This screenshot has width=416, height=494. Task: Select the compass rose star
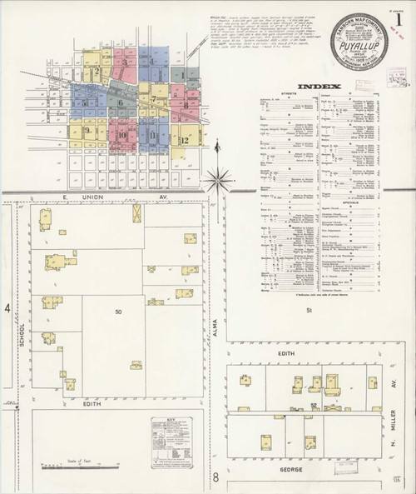click(x=219, y=177)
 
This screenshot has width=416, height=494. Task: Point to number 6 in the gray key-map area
click(x=121, y=102)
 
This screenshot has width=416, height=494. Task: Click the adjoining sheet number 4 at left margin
click(x=7, y=309)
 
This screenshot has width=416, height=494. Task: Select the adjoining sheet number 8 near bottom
click(x=215, y=477)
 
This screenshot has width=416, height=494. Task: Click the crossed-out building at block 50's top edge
click(x=136, y=213)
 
